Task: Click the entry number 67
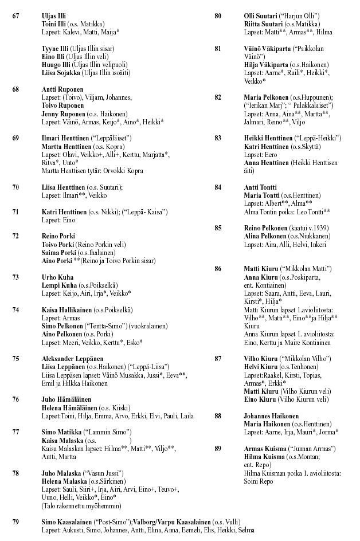click(15, 15)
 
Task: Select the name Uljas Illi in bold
click(54, 15)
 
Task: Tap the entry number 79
click(15, 522)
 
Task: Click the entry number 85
click(218, 228)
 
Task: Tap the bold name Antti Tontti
click(260, 187)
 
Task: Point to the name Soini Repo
click(258, 481)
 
